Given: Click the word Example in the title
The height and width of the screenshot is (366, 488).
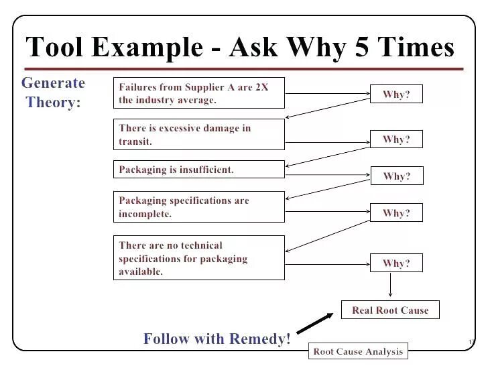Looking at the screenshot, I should click(146, 47).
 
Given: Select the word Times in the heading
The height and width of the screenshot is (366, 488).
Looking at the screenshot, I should click(416, 47).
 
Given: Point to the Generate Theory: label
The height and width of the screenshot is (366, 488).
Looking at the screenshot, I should click(53, 93).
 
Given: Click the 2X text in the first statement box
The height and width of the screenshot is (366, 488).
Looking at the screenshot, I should click(262, 87).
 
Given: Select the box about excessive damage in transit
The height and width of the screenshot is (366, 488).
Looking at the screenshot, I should click(199, 135).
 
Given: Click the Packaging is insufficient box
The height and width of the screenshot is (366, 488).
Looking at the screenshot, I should click(199, 170).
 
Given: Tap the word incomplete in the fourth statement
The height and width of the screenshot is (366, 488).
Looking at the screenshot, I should click(145, 215).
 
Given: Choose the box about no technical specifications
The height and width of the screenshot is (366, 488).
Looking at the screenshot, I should click(199, 258).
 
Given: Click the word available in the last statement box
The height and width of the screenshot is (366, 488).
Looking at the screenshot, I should click(141, 272).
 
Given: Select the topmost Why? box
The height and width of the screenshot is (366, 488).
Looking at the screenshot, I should click(396, 95).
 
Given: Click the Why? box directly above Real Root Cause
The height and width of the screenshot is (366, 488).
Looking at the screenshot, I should click(396, 263).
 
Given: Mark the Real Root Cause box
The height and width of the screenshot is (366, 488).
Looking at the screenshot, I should click(390, 310).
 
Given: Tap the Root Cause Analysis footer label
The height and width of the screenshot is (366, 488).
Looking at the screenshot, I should click(358, 351).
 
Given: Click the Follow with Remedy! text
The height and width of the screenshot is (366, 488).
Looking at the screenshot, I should click(217, 339).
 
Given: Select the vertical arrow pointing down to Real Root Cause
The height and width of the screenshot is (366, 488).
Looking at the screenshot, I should click(390, 286).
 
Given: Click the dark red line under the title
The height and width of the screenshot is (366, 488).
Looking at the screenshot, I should click(245, 68).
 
